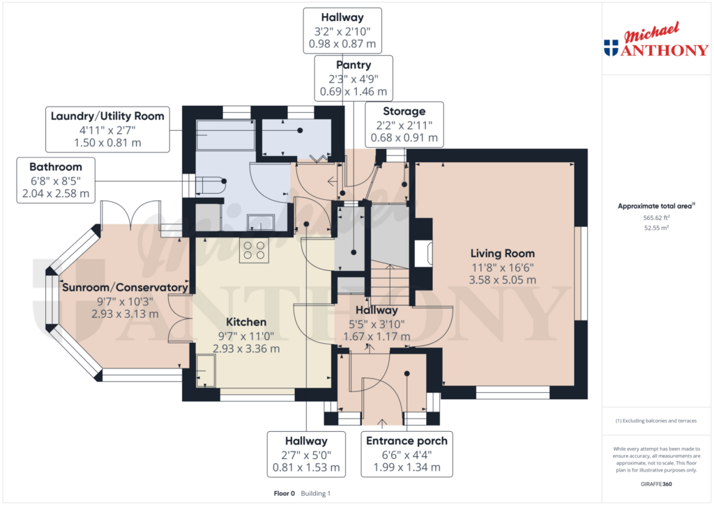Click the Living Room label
(x=502, y=254)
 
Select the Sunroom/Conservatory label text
(x=125, y=288)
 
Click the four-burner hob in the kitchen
(x=254, y=251)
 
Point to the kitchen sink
(x=206, y=369)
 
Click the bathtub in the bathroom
(x=225, y=134)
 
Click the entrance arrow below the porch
(x=381, y=422)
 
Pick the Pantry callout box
(x=353, y=78)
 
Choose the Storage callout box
(x=404, y=125)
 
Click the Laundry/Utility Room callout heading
(x=107, y=116)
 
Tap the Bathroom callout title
(x=55, y=167)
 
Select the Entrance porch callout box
(x=407, y=453)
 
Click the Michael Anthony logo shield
(x=611, y=48)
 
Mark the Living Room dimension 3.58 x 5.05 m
(x=502, y=280)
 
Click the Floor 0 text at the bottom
(x=284, y=493)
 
